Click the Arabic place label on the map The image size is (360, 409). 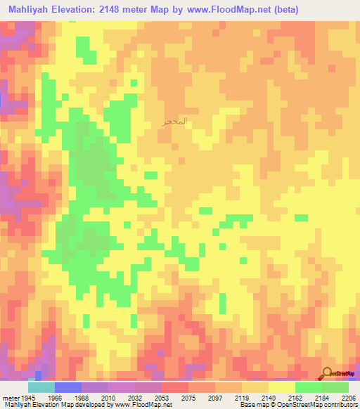coord(174,122)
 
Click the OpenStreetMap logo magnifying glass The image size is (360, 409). coord(328,375)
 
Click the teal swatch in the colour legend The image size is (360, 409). coord(41,387)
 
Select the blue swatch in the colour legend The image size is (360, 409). coord(68,387)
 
